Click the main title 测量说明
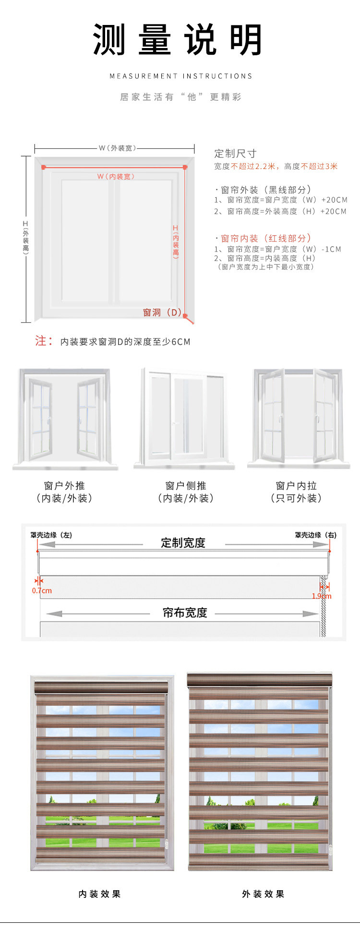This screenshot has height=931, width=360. tap(178, 40)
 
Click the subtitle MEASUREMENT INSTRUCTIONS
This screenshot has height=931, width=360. tap(180, 76)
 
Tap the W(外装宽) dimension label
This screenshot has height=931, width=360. tap(117, 148)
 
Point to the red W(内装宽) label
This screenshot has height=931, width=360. tap(116, 177)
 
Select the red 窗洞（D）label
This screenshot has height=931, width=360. tap(162, 313)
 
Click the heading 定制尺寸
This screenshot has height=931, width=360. tap(235, 154)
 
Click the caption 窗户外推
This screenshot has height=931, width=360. tap(64, 485)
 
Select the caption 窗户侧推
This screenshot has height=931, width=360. tap(186, 485)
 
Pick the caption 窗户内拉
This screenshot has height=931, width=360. tap(296, 485)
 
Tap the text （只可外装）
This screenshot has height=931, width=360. tap(296, 498)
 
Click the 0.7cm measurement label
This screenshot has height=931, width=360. tap(42, 591)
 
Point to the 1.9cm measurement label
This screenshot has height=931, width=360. tap(321, 596)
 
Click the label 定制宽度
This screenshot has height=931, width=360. tap(183, 543)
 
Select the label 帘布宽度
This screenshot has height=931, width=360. tap(185, 613)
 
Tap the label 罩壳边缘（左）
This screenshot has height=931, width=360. tap(51, 535)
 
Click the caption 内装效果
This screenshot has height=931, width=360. tap(100, 894)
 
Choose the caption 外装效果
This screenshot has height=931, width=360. tap(264, 894)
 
